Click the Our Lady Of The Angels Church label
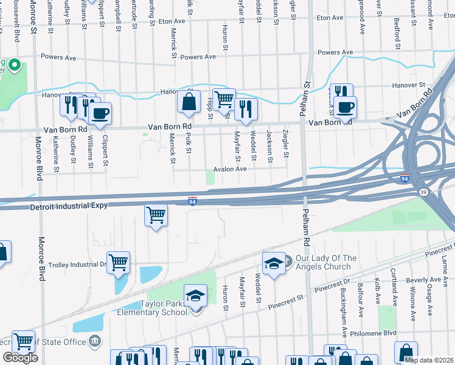point(325,262)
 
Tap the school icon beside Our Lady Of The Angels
point(274,263)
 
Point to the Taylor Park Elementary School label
point(155,308)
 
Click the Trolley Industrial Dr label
point(77,265)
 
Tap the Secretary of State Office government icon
point(95,342)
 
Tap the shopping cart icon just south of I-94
point(156,215)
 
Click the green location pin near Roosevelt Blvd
point(15,65)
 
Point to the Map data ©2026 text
point(429,360)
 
